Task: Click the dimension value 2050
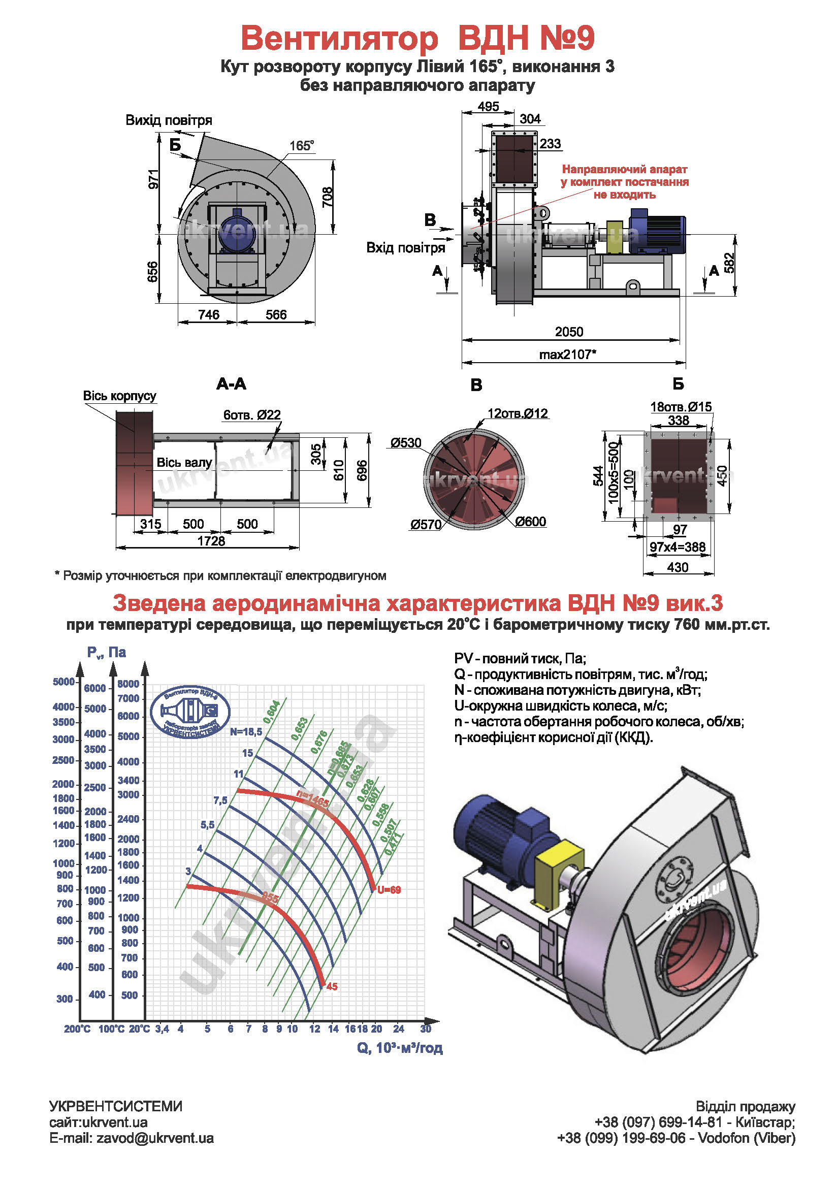[x=568, y=332]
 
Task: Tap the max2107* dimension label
[x=567, y=355]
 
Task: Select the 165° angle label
[x=302, y=146]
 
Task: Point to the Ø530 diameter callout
[x=406, y=443]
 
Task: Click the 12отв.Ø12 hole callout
[x=518, y=413]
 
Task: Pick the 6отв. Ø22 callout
[x=252, y=415]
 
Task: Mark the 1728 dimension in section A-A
[x=211, y=541]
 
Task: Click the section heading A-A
[x=231, y=384]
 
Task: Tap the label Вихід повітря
[x=169, y=120]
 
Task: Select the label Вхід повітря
[x=406, y=248]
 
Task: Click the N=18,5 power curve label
[x=246, y=731]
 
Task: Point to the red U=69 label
[x=389, y=890]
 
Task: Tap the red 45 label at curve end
[x=332, y=987]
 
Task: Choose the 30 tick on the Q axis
[x=425, y=1029]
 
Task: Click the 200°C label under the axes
[x=77, y=1029]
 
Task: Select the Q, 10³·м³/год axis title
[x=399, y=1048]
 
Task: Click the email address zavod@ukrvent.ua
[x=155, y=1138]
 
